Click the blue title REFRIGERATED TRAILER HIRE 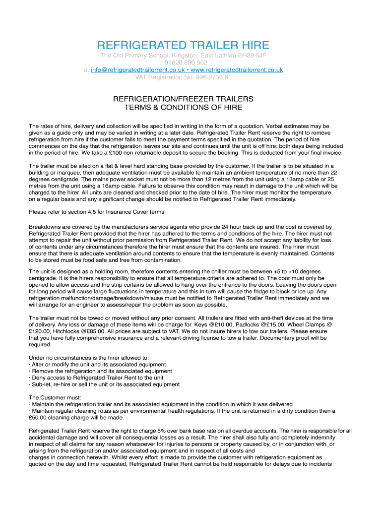tap(184, 45)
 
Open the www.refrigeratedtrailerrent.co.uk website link tap(237, 70)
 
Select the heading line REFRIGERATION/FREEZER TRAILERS tap(183, 99)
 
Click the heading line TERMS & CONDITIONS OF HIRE tap(183, 107)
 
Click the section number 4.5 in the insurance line tap(85, 212)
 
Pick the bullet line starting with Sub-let tap(105, 384)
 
